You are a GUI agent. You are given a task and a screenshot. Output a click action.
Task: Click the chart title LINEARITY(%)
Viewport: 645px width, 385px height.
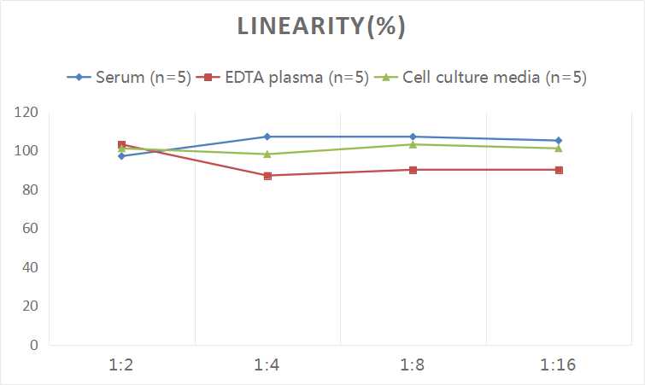pos(321,26)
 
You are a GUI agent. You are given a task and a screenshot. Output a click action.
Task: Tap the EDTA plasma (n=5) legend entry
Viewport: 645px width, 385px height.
pos(283,78)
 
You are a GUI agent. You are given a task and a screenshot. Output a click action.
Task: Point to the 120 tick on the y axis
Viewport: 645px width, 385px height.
pos(26,112)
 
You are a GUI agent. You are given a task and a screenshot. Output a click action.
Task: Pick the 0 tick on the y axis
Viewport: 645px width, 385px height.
pos(33,345)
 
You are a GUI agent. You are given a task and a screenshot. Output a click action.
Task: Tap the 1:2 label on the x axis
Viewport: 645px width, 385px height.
pos(121,365)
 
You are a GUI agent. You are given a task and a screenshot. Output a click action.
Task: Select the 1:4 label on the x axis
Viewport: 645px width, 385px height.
pos(267,365)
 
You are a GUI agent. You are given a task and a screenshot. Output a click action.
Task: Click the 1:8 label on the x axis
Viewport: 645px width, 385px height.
pos(413,365)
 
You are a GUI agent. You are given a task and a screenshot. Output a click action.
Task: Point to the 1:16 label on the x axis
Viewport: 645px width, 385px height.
pos(559,365)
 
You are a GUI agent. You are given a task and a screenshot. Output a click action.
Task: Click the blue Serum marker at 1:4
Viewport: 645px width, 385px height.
pos(267,137)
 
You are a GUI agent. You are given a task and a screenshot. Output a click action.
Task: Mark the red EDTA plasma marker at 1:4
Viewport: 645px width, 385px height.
pos(267,176)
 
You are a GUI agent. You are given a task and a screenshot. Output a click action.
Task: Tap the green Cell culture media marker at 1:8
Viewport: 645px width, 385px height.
pos(413,144)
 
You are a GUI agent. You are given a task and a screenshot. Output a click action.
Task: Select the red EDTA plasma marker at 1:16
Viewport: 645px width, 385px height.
pos(559,170)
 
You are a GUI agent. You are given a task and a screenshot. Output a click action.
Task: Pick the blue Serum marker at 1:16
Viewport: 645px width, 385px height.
pos(559,141)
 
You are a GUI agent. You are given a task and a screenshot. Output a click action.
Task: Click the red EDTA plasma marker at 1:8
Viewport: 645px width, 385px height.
pos(413,170)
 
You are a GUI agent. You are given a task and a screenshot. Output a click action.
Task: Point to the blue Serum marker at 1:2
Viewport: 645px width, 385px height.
pos(121,156)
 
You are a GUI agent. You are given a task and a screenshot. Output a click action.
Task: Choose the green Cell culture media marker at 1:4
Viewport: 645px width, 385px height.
pos(267,155)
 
